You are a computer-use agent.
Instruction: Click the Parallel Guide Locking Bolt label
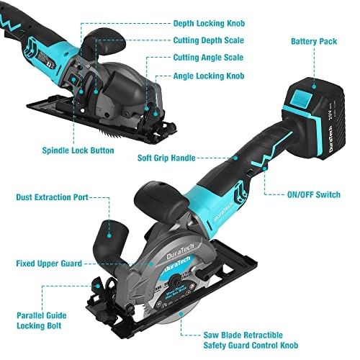tap(44, 321)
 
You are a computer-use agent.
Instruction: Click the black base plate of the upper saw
tap(108, 126)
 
